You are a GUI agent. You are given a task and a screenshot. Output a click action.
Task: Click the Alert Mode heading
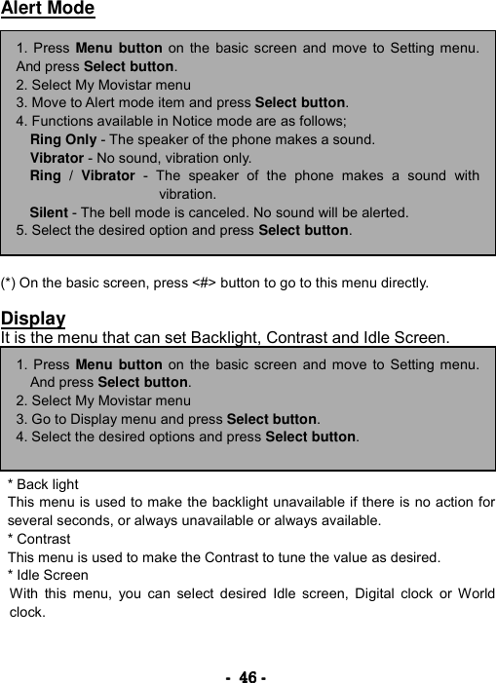[48, 10]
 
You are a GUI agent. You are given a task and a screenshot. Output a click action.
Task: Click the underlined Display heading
[33, 319]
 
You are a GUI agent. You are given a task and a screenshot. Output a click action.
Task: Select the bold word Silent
[49, 212]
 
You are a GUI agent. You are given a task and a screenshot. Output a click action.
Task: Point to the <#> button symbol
[205, 284]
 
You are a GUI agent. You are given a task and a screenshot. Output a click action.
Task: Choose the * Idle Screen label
[48, 576]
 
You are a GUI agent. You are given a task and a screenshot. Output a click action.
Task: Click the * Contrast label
[39, 539]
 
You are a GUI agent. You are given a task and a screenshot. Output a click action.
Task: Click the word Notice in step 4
[188, 121]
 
